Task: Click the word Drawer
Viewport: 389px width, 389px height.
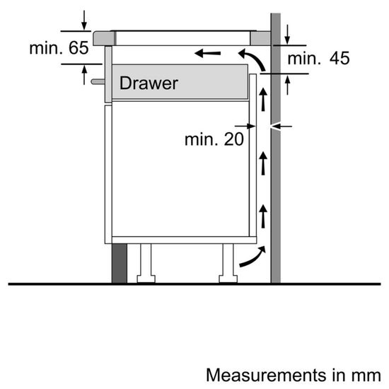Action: click(x=149, y=83)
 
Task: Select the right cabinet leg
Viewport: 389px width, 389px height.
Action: click(x=228, y=263)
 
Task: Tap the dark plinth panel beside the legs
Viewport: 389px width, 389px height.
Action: click(x=119, y=263)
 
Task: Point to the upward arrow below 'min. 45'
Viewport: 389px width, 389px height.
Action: click(x=289, y=86)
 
